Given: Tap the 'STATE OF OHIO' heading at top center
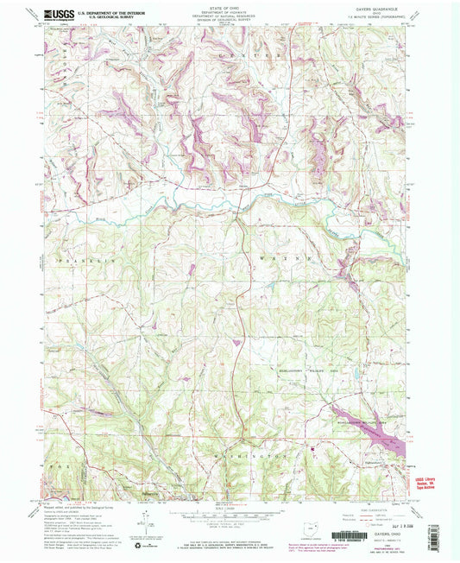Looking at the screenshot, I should click(230, 8).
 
